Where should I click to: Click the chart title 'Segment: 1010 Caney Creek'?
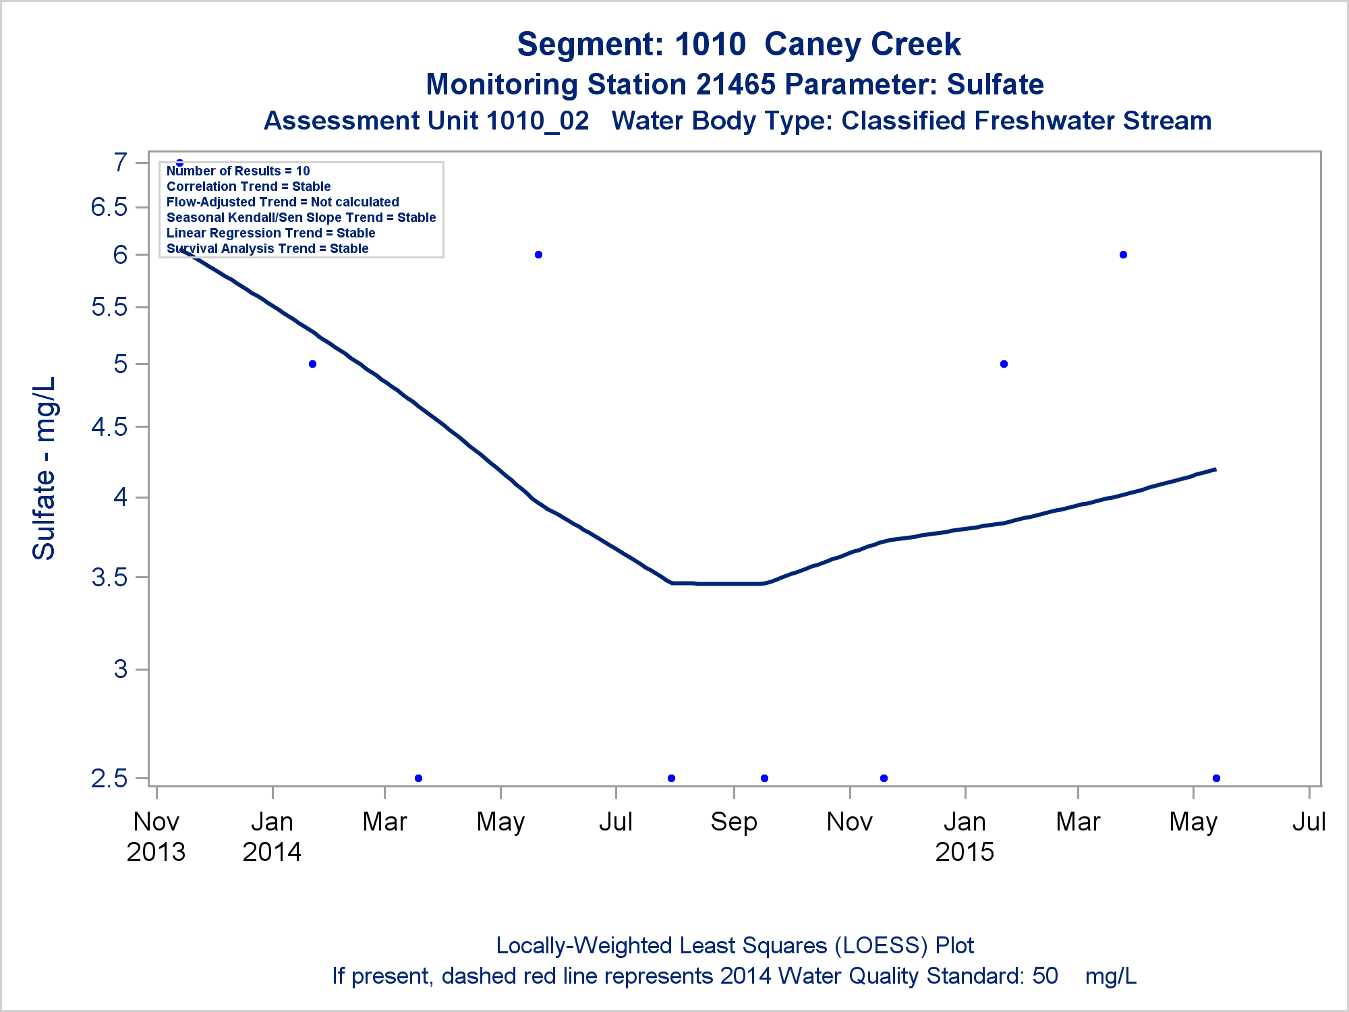(x=739, y=45)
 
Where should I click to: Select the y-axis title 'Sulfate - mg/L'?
(x=45, y=468)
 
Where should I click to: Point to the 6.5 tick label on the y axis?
(x=109, y=207)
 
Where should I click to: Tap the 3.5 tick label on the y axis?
(x=109, y=578)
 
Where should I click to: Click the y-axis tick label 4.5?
(x=109, y=427)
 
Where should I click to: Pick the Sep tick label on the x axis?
(x=733, y=822)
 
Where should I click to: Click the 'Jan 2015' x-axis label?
(x=965, y=837)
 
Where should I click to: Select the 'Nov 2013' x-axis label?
(x=156, y=837)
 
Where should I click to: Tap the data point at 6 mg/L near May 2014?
(x=538, y=254)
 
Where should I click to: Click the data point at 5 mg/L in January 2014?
(x=312, y=364)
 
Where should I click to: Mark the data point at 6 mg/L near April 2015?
(x=1123, y=254)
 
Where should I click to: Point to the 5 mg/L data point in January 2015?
(x=1004, y=364)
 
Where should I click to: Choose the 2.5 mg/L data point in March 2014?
(x=418, y=778)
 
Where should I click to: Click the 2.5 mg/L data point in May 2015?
(x=1216, y=778)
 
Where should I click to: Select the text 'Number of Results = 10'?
(x=238, y=171)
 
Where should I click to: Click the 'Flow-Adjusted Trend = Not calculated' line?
(x=283, y=202)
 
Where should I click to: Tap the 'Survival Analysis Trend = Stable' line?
(x=267, y=249)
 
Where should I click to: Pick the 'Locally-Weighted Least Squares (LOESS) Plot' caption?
(x=735, y=946)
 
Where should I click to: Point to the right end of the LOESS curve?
(x=1215, y=470)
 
